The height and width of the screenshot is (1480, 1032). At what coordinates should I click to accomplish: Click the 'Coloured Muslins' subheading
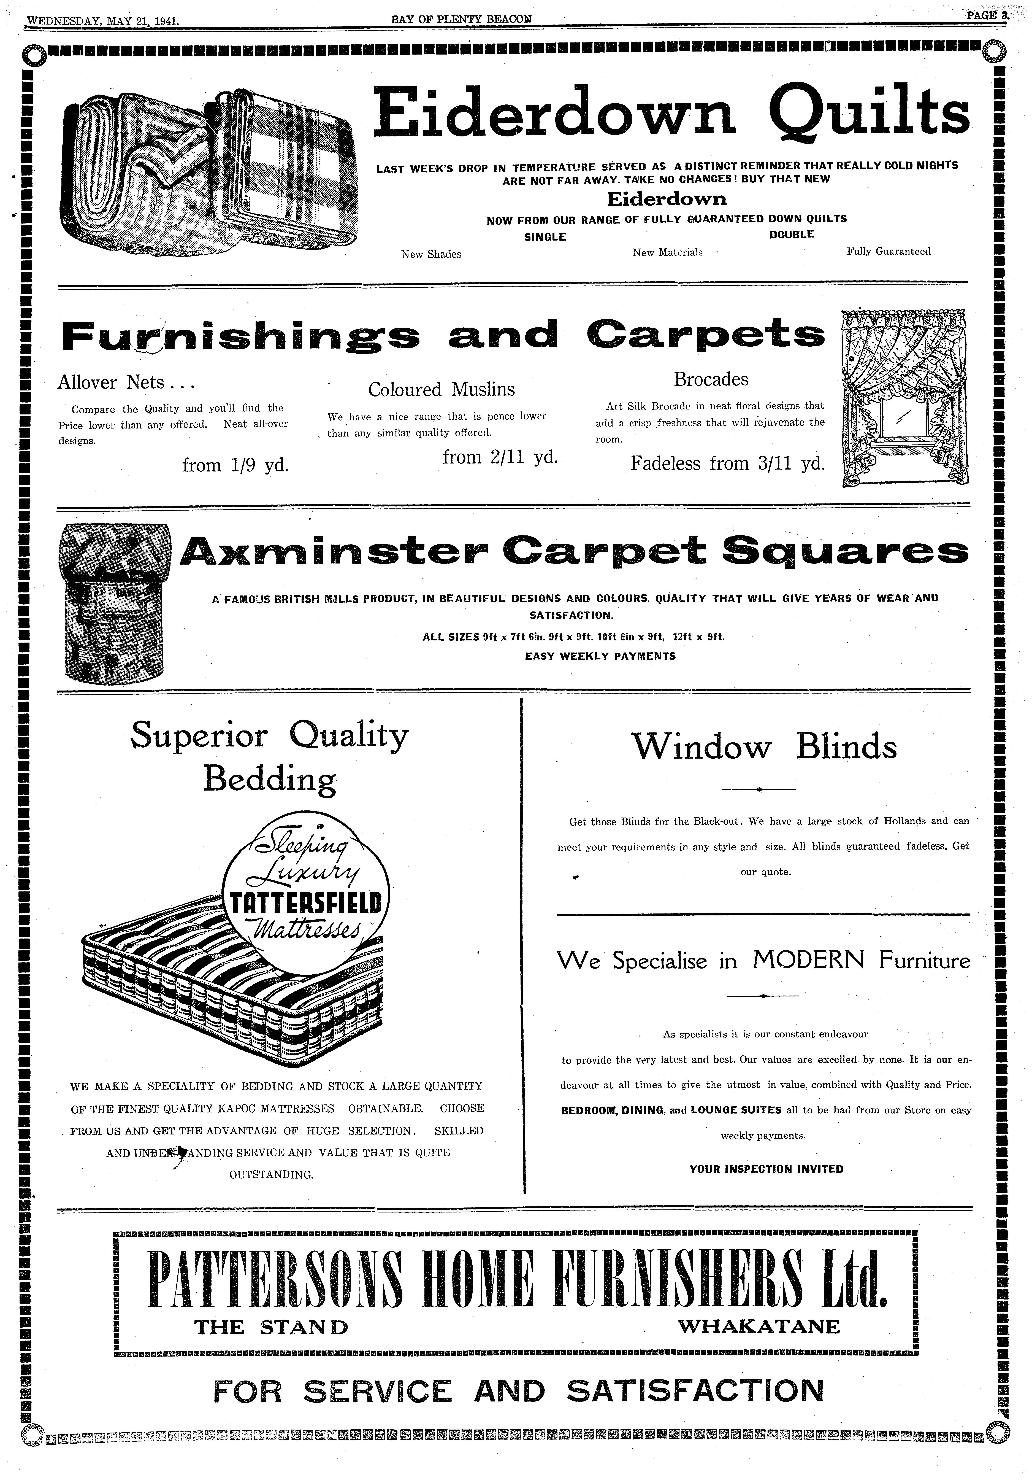point(441,389)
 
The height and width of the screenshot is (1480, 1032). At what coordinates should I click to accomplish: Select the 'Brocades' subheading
point(711,379)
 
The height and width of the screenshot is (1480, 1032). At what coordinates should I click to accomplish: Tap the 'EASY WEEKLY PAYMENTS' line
point(600,656)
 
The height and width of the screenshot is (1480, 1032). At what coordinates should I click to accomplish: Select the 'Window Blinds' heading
point(764,747)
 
